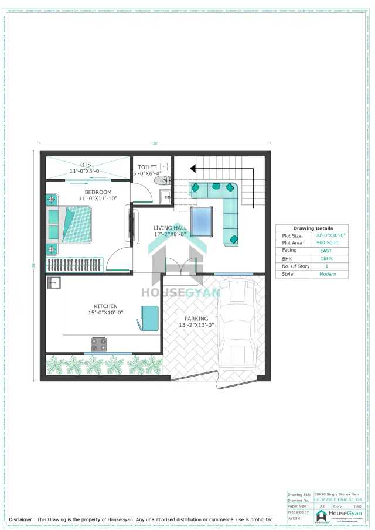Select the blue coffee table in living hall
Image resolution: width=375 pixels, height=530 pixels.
(x=203, y=221)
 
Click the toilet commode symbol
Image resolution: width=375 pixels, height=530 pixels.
(x=161, y=181)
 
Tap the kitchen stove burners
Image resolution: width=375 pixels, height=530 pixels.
(x=98, y=343)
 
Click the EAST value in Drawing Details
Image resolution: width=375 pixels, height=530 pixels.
(x=326, y=251)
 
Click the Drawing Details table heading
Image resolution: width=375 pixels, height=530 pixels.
(x=313, y=228)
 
